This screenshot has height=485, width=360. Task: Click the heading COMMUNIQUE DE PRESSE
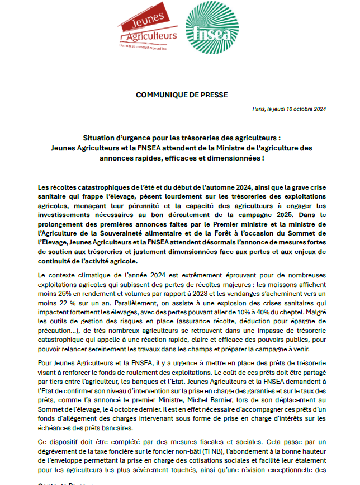182,95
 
